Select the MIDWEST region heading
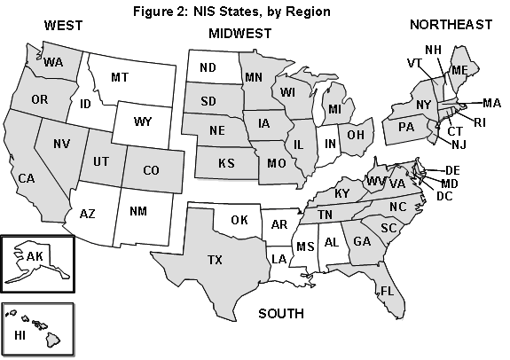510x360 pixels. [x=240, y=34]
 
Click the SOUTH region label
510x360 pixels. [x=280, y=314]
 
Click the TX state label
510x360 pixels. [x=215, y=260]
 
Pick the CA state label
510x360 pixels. [x=25, y=179]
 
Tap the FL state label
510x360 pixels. [x=387, y=291]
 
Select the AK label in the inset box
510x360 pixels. [x=35, y=256]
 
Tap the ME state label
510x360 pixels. [x=459, y=70]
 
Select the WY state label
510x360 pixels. [x=143, y=120]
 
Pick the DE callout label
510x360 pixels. [x=451, y=170]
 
